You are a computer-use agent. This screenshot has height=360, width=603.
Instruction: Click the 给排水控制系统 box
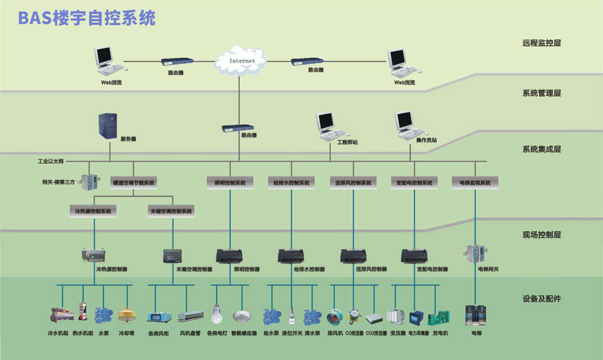point(291,182)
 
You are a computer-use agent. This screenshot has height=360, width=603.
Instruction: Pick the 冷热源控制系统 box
point(93,211)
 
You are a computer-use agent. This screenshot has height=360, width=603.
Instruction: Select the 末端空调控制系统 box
point(171,211)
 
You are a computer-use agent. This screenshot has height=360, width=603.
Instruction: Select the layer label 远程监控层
point(541,43)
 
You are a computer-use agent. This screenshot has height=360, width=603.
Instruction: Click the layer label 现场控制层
point(541,235)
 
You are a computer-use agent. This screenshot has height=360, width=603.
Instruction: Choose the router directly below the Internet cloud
point(238,128)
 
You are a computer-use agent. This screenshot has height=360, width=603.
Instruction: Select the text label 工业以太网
point(51,162)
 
